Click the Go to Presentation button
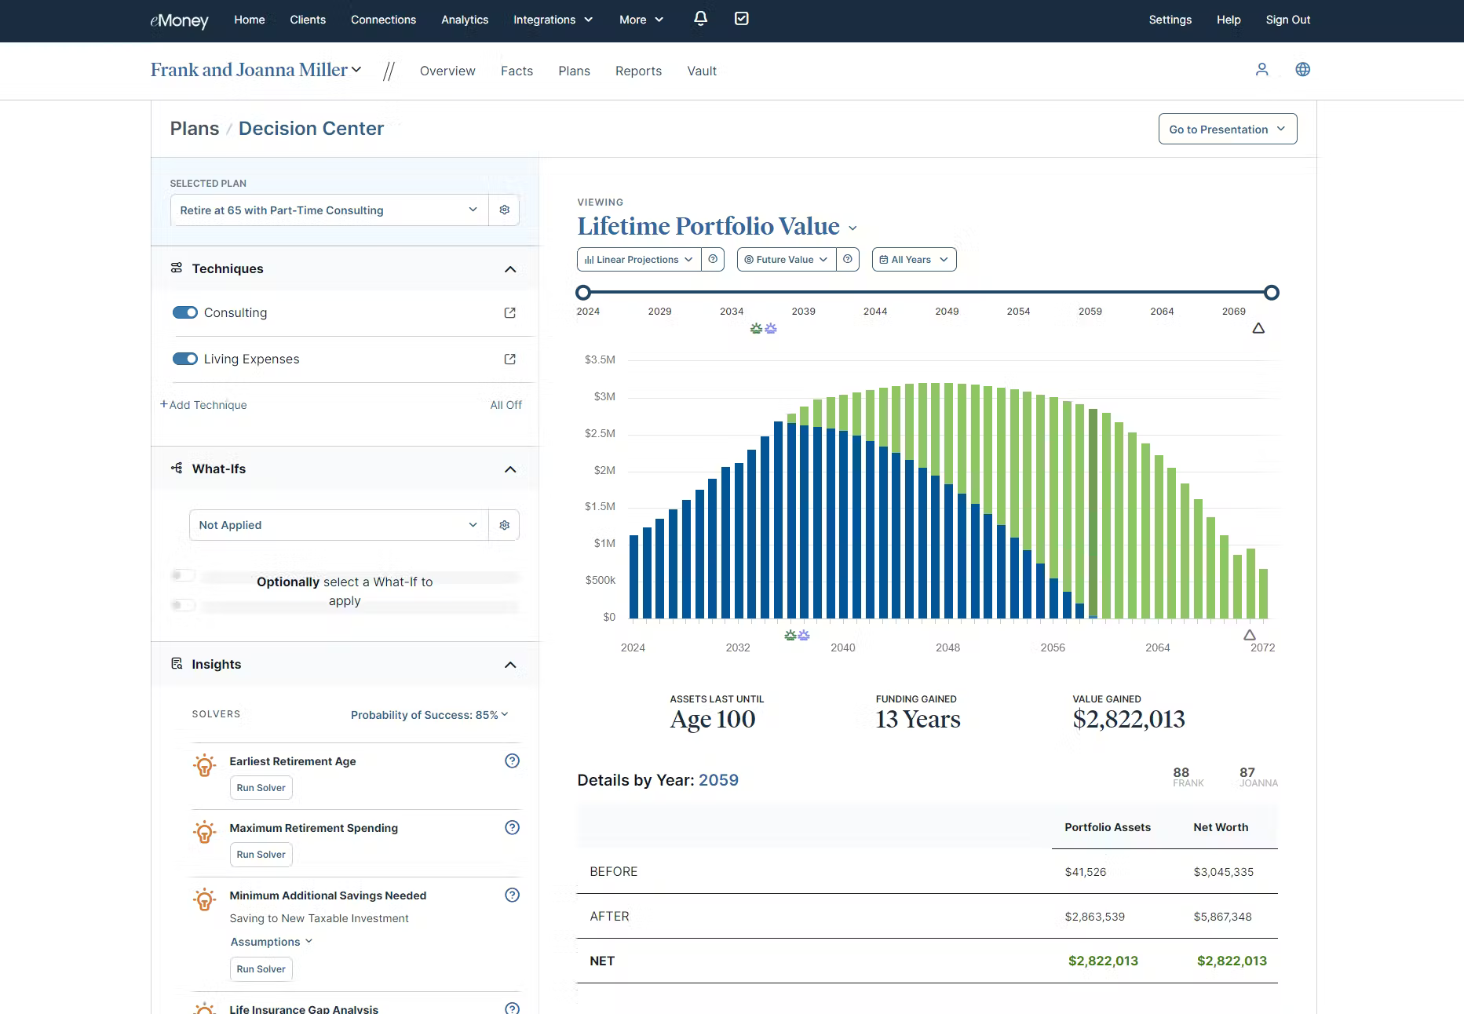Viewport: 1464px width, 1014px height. (x=1227, y=129)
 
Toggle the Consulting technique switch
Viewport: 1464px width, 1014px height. (x=185, y=312)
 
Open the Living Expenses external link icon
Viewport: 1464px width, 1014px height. (x=509, y=359)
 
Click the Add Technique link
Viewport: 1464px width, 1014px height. (x=204, y=405)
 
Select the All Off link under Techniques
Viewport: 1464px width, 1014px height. (x=506, y=405)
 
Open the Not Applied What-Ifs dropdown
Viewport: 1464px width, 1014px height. (x=338, y=525)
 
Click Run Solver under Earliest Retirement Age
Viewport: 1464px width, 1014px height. (x=261, y=788)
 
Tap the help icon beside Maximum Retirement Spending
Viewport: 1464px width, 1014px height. (x=512, y=827)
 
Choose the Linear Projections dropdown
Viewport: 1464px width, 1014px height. (x=638, y=260)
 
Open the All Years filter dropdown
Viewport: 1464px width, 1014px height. (x=914, y=260)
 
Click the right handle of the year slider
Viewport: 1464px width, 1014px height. (x=1272, y=293)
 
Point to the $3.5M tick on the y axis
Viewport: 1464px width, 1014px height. (x=600, y=359)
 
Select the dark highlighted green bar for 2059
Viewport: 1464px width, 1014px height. (x=1093, y=514)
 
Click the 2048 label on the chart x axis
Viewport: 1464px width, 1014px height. (x=947, y=647)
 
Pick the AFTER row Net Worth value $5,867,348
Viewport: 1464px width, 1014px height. (x=1222, y=917)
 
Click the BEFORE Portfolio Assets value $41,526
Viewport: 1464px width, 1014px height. (x=1085, y=872)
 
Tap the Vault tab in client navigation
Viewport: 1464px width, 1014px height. (x=701, y=71)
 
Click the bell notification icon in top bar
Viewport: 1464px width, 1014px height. (x=700, y=18)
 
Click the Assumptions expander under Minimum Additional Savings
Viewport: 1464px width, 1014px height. (x=271, y=942)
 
